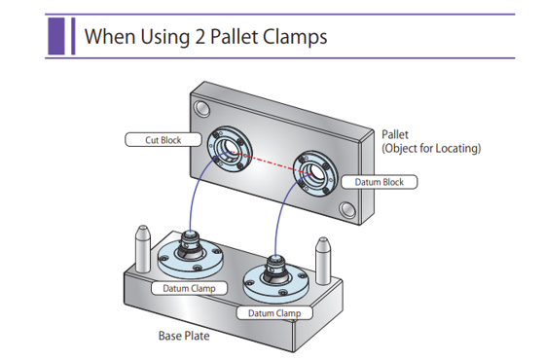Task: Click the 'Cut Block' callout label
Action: [x=163, y=140]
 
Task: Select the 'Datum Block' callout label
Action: [x=379, y=182]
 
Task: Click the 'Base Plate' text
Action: [x=184, y=336]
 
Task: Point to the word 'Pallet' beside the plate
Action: [x=395, y=134]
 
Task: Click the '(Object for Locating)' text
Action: [x=431, y=148]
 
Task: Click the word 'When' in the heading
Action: [x=110, y=36]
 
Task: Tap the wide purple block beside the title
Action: [x=56, y=36]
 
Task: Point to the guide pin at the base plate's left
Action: [x=142, y=249]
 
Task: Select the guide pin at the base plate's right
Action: [x=323, y=261]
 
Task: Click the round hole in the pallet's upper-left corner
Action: [x=201, y=109]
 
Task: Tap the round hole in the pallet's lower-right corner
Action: [x=347, y=210]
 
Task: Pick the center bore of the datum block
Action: [x=314, y=172]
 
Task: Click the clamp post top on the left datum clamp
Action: [x=190, y=234]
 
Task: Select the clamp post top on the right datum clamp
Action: [x=275, y=259]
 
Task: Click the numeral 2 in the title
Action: [x=200, y=37]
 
